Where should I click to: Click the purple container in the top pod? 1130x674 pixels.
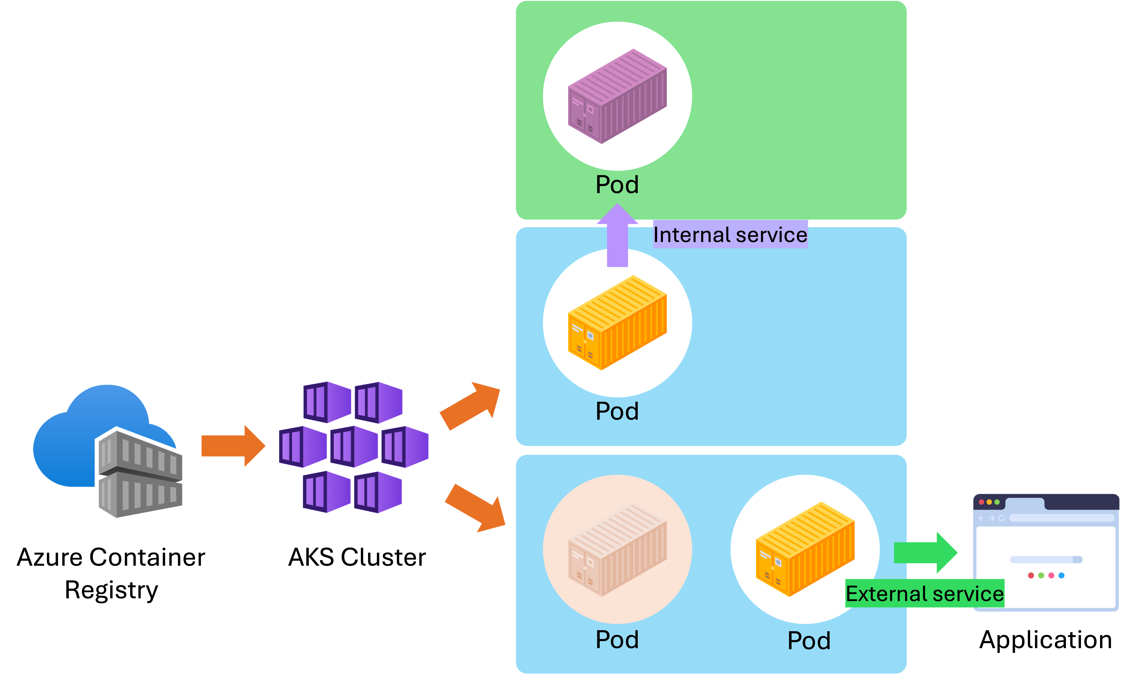617,96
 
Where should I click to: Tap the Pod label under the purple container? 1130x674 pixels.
617,185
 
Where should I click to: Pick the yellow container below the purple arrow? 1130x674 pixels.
617,322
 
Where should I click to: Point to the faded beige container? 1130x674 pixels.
617,550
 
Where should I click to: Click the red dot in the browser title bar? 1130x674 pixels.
981,502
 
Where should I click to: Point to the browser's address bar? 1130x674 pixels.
1061,518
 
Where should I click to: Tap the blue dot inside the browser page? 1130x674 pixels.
1062,575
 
